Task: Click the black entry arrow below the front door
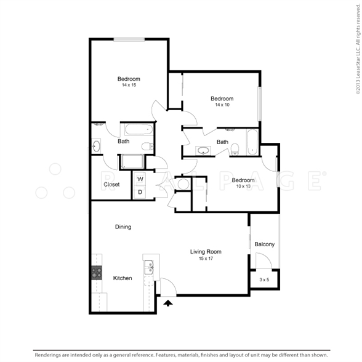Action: point(168,303)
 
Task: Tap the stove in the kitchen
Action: point(97,273)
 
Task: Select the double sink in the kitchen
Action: point(149,267)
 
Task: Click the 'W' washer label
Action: point(140,179)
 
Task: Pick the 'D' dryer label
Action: point(140,192)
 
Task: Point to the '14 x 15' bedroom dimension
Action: point(129,85)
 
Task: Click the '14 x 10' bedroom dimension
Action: point(222,105)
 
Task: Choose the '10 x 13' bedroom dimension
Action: point(243,186)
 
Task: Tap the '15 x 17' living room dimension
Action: point(206,259)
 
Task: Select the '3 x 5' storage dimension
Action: point(264,280)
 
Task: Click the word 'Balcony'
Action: point(265,244)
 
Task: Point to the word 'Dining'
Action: point(123,227)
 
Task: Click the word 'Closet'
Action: point(111,185)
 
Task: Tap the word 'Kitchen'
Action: point(123,278)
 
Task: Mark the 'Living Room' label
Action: point(206,252)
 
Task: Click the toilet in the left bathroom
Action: point(147,146)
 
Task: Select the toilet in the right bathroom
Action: point(235,149)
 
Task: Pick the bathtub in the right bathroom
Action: point(252,142)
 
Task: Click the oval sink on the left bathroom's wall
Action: point(96,146)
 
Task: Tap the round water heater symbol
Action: point(183,184)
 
